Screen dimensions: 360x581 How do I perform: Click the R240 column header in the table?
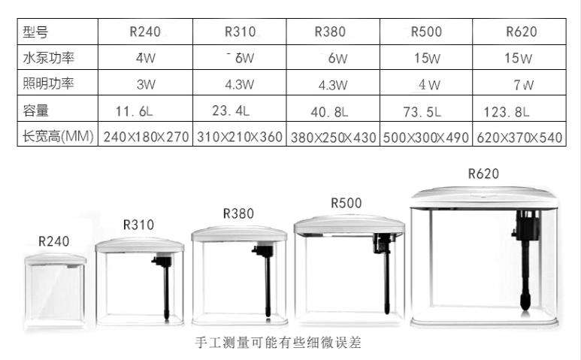point(146,32)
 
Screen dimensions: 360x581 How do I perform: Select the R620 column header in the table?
point(521,32)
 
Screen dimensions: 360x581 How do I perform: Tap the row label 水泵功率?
point(49,57)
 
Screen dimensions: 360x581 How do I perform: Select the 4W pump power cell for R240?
point(145,58)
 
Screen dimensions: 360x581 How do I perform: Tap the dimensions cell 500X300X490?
point(426,138)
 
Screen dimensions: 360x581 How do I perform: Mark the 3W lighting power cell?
point(145,84)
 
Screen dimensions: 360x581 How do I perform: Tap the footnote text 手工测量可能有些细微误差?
point(278,343)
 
